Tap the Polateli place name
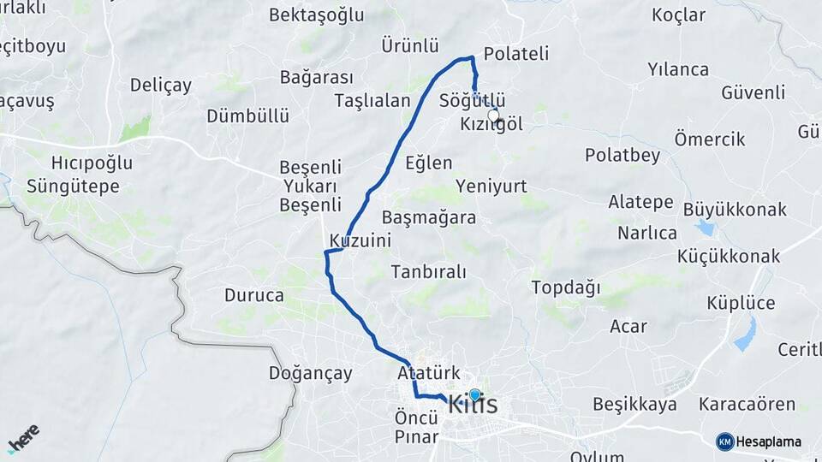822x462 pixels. (x=516, y=53)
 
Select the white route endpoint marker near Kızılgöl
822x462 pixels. (x=493, y=115)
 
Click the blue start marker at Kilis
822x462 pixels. (x=475, y=394)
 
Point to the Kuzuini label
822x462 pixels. (x=360, y=241)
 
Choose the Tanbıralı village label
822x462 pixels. (x=429, y=272)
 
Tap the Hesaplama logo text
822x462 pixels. (x=769, y=441)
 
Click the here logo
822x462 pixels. (x=24, y=437)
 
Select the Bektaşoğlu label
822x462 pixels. (x=316, y=15)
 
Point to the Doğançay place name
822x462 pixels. (x=311, y=373)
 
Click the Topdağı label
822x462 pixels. (x=566, y=287)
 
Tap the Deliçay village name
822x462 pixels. (x=161, y=85)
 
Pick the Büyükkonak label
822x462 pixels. (x=735, y=209)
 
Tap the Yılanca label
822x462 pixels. (x=678, y=69)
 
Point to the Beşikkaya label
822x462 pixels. (x=634, y=404)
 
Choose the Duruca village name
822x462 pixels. (x=254, y=296)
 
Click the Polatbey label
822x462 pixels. (x=623, y=155)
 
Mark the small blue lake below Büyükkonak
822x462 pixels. (x=705, y=228)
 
